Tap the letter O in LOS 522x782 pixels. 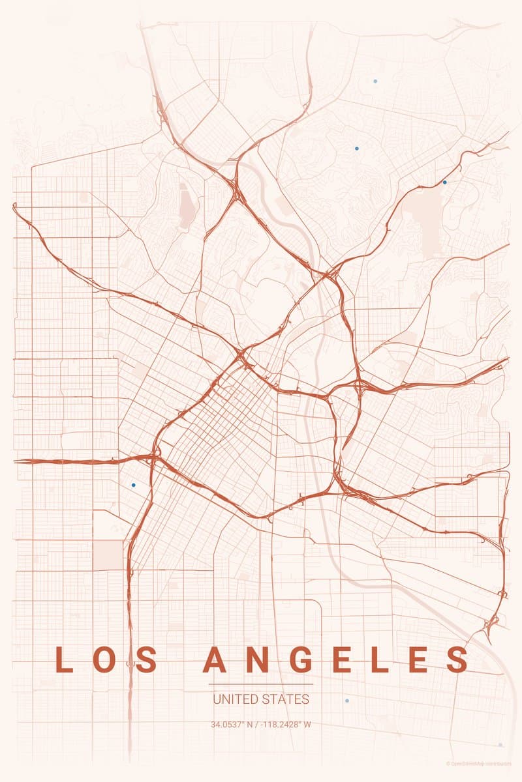[105, 659]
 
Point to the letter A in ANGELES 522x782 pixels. [214, 659]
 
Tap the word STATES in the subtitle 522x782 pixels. [286, 700]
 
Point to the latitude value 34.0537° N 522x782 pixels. [232, 724]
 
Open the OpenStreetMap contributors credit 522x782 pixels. [482, 763]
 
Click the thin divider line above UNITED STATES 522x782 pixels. [261, 684]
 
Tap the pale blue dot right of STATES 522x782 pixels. [347, 701]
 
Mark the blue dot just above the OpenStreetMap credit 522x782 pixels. [500, 744]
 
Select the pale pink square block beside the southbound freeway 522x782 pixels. [108, 554]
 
